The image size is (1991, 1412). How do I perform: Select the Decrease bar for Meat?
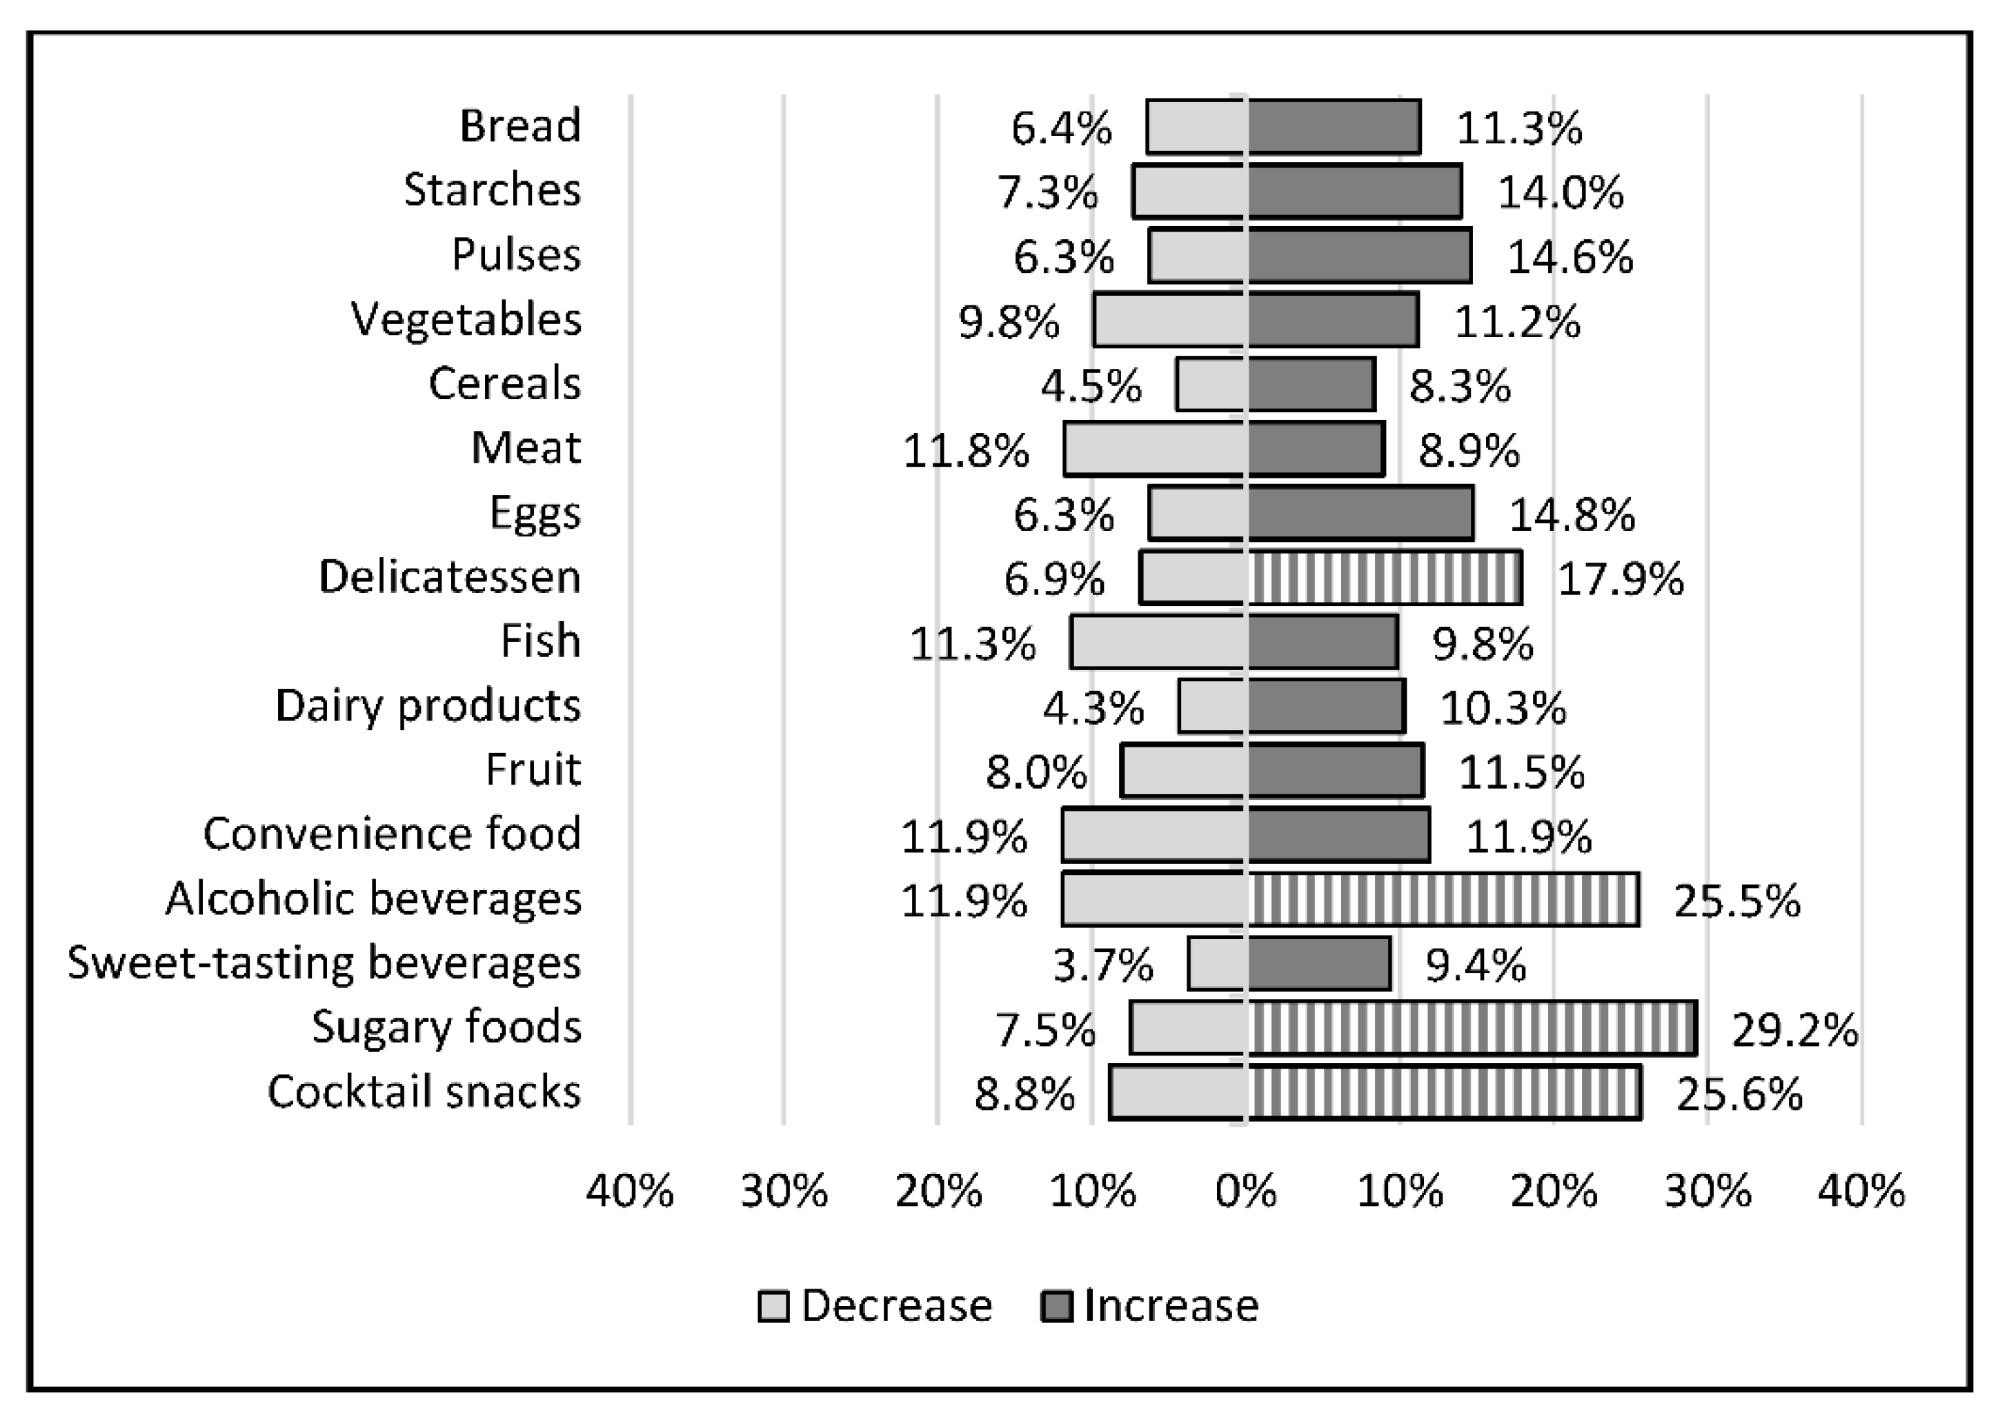(x=1155, y=449)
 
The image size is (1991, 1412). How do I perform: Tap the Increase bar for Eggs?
(x=1360, y=513)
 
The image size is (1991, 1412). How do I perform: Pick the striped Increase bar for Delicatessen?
(x=1385, y=577)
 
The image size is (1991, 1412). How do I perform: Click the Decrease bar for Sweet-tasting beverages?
(x=1218, y=963)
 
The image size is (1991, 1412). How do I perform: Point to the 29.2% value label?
(x=1794, y=1031)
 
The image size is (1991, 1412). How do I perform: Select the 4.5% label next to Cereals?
(x=1090, y=386)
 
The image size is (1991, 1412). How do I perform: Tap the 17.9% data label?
(x=1620, y=579)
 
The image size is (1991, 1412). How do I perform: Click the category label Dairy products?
(x=427, y=706)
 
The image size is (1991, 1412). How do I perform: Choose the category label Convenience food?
(x=391, y=834)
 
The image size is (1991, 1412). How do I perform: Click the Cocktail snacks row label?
(x=424, y=1091)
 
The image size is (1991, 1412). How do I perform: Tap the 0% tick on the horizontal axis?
(x=1245, y=1191)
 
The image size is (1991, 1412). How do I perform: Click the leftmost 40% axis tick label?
(x=630, y=1191)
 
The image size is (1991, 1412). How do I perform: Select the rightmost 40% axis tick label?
(x=1861, y=1191)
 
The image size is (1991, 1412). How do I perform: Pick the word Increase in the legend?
(x=1170, y=1306)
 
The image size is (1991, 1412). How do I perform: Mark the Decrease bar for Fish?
(x=1158, y=642)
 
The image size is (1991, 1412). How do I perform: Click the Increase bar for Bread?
(x=1334, y=127)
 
